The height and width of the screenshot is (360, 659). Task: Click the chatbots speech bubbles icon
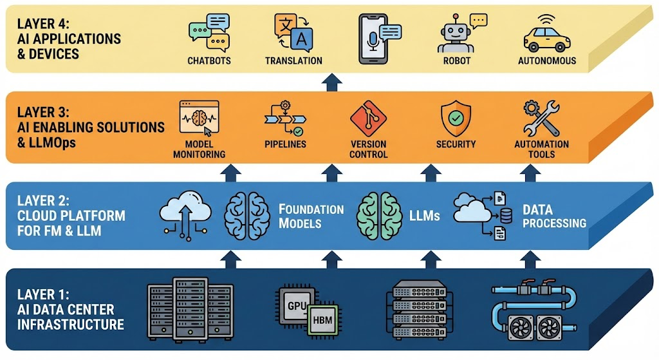tap(209, 32)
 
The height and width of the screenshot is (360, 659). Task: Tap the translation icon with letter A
tap(293, 32)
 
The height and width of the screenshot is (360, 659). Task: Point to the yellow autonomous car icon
tap(547, 37)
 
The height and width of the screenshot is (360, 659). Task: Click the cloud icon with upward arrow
tap(185, 214)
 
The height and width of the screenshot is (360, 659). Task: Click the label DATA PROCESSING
tap(554, 217)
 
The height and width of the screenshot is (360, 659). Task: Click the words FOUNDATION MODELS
tap(311, 216)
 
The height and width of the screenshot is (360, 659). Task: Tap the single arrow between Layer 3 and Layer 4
tap(331, 82)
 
